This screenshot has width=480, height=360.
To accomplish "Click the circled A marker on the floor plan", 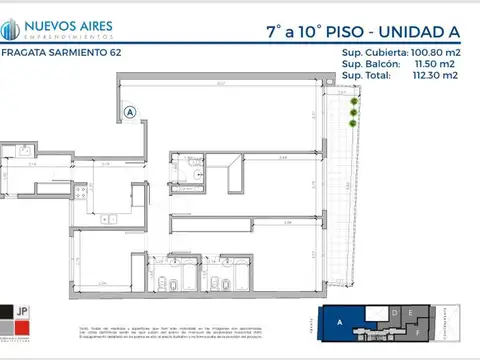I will click(x=130, y=113).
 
